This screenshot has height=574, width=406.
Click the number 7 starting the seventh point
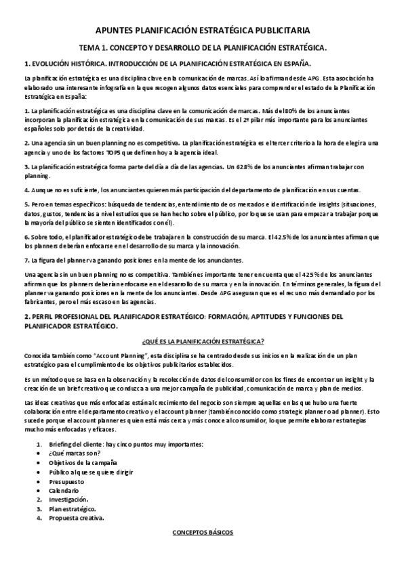click(25, 242)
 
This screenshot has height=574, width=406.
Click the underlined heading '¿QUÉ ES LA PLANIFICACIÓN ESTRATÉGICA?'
click(203, 341)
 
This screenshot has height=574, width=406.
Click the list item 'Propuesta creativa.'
click(77, 518)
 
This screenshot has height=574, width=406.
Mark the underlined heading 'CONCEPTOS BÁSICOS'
click(203, 533)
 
